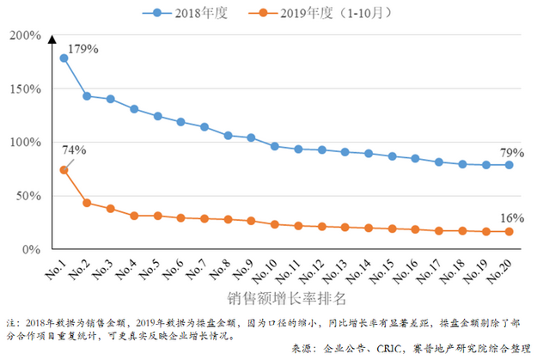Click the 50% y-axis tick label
tap(28, 196)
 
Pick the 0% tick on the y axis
tap(32, 249)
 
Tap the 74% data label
tap(74, 150)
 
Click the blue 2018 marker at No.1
tap(64, 58)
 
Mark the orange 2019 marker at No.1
tap(64, 170)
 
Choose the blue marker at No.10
tap(275, 146)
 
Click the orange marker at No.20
tap(509, 232)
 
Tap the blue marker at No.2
tap(87, 96)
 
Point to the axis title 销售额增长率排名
tap(287, 299)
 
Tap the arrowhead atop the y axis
tap(52, 39)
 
